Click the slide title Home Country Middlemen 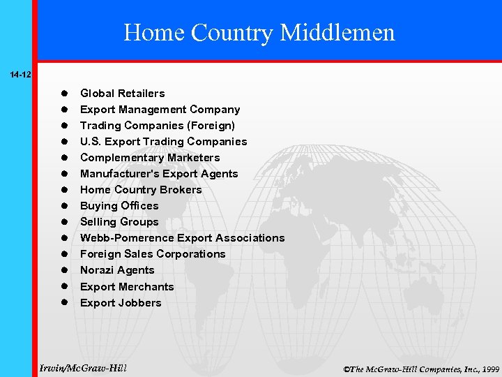click(259, 32)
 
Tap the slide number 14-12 click(19, 73)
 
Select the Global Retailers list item click(123, 94)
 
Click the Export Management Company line click(160, 110)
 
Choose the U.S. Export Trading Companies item click(163, 142)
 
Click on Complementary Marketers click(150, 158)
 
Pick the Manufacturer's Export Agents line click(159, 174)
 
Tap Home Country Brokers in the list click(141, 190)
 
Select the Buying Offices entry click(119, 206)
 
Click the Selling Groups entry click(119, 222)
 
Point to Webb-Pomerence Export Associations click(182, 238)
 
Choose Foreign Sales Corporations click(153, 254)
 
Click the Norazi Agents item click(117, 270)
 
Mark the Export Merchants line click(127, 287)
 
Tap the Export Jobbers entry click(121, 303)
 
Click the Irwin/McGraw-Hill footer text click(84, 367)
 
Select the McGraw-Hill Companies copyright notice click(421, 369)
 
